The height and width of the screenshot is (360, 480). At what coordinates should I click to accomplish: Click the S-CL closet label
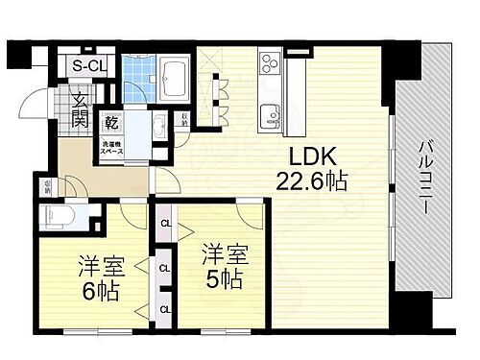91,66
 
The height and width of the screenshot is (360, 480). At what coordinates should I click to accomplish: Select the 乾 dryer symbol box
111,123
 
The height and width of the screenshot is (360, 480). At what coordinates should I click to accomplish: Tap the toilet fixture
59,217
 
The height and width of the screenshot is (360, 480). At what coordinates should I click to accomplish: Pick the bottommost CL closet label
165,308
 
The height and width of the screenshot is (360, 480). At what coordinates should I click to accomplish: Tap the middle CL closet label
165,268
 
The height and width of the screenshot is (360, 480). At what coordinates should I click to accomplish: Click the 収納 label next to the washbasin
183,121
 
